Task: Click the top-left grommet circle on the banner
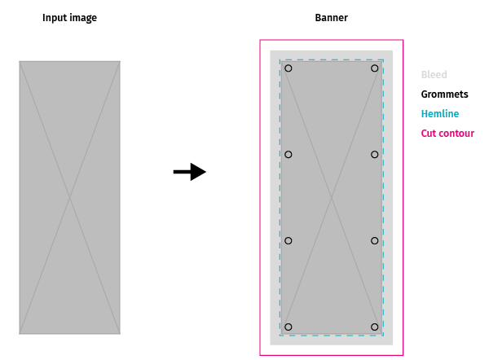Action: click(x=289, y=68)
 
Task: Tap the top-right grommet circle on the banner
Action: click(x=375, y=68)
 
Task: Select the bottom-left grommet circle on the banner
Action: click(x=289, y=327)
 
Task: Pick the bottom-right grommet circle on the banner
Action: click(x=375, y=327)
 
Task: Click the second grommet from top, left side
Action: click(x=289, y=155)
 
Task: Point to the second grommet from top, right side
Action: click(x=375, y=155)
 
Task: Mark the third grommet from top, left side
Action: click(x=289, y=241)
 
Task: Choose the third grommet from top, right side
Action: click(x=375, y=241)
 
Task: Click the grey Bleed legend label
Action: click(x=434, y=75)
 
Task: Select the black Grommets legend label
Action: click(x=444, y=94)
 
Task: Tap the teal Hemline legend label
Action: click(x=440, y=114)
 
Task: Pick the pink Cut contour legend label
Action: click(x=447, y=134)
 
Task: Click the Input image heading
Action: click(x=70, y=18)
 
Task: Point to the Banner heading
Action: click(x=331, y=18)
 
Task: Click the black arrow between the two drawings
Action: click(x=190, y=172)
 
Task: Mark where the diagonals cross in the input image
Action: click(x=70, y=198)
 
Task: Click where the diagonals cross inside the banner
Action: click(x=332, y=198)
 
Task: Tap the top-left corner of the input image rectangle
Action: click(x=20, y=61)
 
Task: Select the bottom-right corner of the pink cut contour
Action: click(x=403, y=355)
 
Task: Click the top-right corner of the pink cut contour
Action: click(x=403, y=40)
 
